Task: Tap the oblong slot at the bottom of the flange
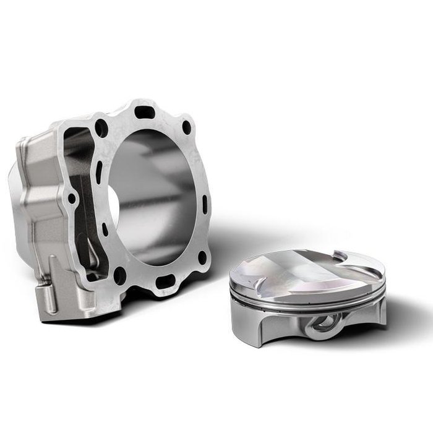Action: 165,283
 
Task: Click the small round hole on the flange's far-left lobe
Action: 72,199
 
